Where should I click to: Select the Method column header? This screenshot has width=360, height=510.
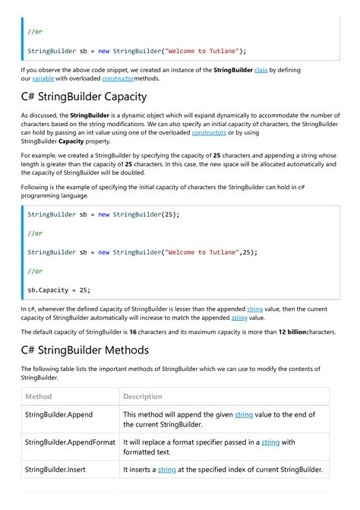coord(39,397)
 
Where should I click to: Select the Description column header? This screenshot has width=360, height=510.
coord(143,397)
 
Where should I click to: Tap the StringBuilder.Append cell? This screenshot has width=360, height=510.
coord(60,415)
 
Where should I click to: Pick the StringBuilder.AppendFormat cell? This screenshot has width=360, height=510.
coord(70,442)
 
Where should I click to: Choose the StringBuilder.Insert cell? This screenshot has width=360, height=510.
coord(55,470)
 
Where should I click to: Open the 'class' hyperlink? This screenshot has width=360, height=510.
coord(261,70)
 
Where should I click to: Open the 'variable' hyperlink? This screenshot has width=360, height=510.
coord(43,79)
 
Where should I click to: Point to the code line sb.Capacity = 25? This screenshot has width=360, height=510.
coord(58,290)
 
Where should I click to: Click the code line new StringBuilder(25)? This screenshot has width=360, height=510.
coord(103,215)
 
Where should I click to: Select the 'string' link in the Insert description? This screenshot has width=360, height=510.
coord(167,470)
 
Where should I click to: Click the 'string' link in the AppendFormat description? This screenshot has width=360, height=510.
coord(270,442)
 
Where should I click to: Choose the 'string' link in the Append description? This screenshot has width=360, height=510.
coord(244,415)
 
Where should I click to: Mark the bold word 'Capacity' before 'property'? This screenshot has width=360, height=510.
coord(71,141)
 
